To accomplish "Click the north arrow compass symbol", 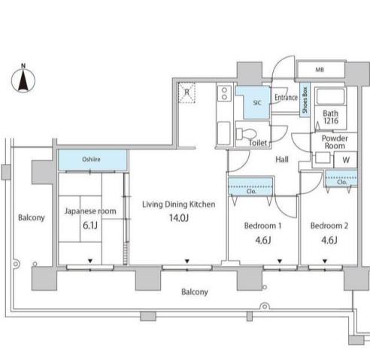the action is click(x=23, y=79).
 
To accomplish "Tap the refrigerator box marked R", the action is click(x=187, y=92).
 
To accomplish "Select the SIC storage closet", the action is click(x=254, y=102).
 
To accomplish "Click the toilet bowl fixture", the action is click(x=246, y=134).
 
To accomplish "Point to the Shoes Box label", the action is click(x=305, y=100).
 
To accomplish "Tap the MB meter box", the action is click(x=320, y=70).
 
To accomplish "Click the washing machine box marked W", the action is click(x=346, y=159).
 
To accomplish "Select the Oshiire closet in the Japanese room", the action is click(x=92, y=160).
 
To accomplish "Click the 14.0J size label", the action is click(x=179, y=218).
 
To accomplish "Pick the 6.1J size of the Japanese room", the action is click(x=90, y=225).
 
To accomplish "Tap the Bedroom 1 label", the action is click(x=262, y=225).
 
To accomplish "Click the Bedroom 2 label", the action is click(x=329, y=225).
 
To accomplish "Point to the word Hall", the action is click(x=282, y=159).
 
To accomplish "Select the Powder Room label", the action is click(x=335, y=142).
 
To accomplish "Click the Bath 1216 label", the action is click(x=331, y=117).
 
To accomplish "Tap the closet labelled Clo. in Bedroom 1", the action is click(x=250, y=186).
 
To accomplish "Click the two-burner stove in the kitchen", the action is click(x=225, y=93).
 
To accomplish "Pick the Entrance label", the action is click(x=286, y=97).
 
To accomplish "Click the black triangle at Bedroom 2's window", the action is click(x=325, y=261).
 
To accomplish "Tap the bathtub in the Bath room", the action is click(x=330, y=97).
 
